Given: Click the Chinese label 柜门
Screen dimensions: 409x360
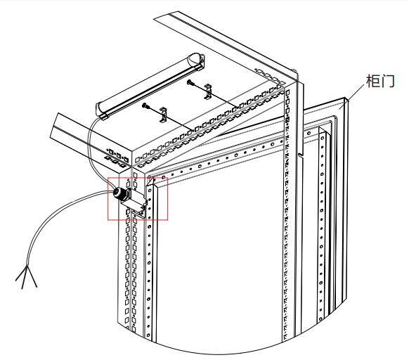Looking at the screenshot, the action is [381, 81].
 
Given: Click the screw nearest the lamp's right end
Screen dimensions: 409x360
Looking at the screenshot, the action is [190, 83].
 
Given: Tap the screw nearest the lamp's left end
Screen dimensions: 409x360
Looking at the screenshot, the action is [145, 105].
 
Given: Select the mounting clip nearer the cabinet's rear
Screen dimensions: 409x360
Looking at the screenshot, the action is [208, 91].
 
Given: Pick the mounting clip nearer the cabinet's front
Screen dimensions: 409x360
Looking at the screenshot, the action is [163, 115].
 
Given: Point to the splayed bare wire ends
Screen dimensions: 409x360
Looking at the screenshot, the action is [26, 277].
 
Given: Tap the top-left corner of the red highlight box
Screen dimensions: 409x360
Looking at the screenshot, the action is [108, 178].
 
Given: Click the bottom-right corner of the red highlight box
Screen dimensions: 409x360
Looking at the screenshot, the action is [167, 220].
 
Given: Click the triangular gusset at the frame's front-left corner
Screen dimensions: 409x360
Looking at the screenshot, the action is [150, 181].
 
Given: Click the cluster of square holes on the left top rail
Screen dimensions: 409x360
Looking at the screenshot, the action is [117, 157].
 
